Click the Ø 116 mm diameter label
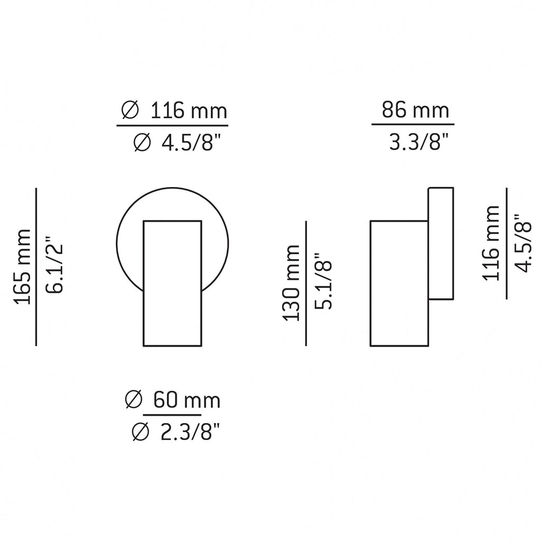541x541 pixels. coord(173,111)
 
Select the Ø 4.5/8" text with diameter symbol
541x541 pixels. coord(173,143)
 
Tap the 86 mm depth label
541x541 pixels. coord(415,111)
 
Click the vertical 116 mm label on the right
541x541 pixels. coord(491,244)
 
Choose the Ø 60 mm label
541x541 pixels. coord(173,400)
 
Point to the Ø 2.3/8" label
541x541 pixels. coord(173,433)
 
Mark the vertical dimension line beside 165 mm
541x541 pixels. coord(36,266)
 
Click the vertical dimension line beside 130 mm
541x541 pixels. coord(306,283)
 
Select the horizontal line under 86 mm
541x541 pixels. coord(413,125)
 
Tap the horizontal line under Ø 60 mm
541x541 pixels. coord(173,416)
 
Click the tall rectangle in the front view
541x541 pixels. coord(172,296)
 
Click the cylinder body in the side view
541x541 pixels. coord(399,284)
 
